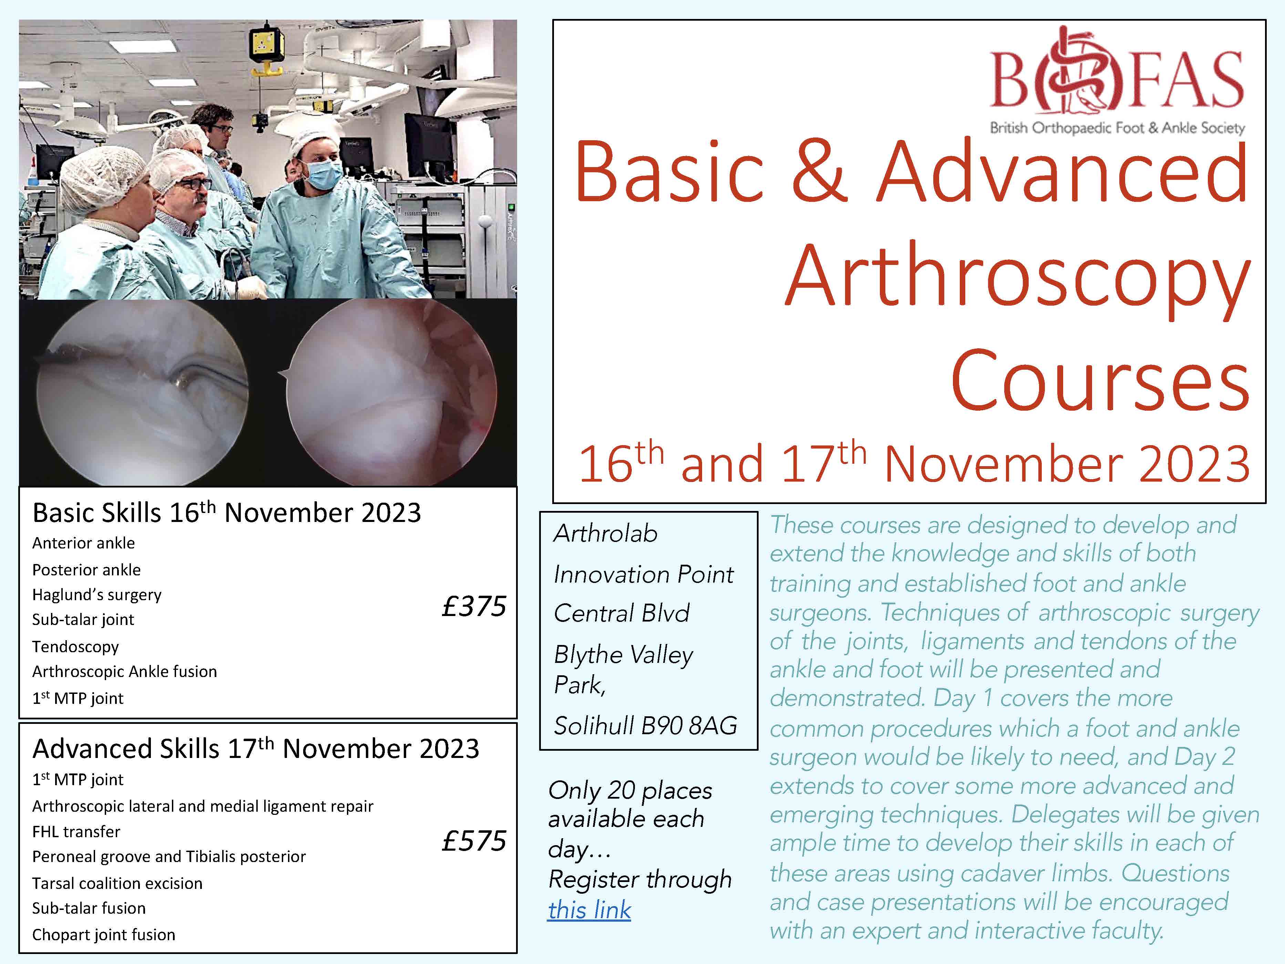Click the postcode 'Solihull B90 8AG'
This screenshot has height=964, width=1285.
[645, 725]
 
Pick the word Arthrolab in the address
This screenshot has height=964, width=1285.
[605, 533]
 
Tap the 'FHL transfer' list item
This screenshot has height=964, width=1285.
[76, 831]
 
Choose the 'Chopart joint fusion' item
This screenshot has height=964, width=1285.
[103, 934]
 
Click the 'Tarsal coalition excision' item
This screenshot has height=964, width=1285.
[117, 883]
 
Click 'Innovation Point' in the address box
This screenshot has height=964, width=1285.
[644, 574]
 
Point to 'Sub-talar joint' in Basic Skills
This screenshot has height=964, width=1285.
[83, 619]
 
